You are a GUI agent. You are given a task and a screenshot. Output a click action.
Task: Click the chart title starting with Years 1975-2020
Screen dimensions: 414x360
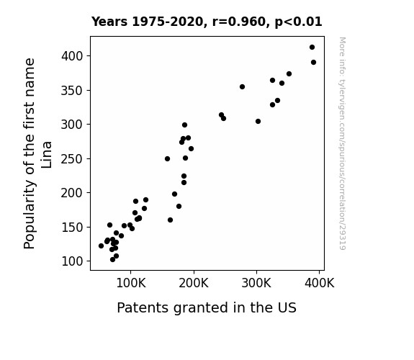point(207,22)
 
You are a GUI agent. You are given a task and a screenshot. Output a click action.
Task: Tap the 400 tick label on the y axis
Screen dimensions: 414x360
point(72,56)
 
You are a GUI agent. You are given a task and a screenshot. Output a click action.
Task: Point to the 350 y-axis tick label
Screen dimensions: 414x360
point(72,90)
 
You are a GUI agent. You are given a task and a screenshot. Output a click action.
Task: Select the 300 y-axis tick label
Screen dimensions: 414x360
point(72,125)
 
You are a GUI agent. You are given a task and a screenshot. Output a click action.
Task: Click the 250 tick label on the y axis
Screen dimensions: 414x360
point(72,158)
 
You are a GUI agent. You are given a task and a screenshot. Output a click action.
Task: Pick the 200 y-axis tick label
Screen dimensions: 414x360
point(72,193)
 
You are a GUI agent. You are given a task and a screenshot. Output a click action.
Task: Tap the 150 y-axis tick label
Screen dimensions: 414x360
point(72,227)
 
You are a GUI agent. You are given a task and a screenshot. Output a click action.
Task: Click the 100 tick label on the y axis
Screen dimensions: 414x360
point(72,261)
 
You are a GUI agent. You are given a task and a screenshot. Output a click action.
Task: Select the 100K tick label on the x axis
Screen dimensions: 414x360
point(131,283)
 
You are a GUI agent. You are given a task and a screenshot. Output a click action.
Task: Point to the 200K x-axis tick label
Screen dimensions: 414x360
point(194,283)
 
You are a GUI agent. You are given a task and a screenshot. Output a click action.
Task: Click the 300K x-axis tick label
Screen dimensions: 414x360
point(256,283)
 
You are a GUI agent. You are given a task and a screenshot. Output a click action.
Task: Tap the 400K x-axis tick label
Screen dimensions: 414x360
point(320,283)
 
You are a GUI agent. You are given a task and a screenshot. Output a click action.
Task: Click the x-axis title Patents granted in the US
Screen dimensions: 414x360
point(207,307)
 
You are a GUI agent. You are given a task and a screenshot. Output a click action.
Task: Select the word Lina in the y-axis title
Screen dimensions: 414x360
point(47,155)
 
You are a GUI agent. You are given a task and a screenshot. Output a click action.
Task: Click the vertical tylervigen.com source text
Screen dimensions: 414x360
point(342,143)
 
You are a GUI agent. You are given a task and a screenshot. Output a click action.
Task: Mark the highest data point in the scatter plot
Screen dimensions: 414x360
point(312,48)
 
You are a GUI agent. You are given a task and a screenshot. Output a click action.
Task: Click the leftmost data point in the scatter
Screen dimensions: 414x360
point(101,246)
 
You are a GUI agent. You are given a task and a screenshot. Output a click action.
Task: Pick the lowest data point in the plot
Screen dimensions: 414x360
point(113,260)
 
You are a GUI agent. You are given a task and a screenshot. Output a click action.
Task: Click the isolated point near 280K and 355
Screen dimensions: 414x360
point(242,86)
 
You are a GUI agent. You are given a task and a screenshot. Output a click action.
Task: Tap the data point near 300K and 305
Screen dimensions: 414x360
point(258,121)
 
